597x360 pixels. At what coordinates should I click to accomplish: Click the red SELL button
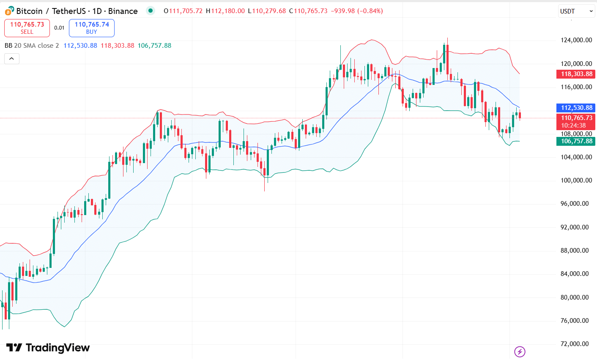27,28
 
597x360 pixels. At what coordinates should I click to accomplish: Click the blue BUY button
92,28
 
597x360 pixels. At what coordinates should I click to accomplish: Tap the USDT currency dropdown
576,11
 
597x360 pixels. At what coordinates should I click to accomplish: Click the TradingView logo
48,348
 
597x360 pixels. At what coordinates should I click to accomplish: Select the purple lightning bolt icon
520,352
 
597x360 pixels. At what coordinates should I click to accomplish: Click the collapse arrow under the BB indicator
12,59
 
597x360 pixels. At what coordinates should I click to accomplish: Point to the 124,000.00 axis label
576,40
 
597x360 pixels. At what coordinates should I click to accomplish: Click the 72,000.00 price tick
574,344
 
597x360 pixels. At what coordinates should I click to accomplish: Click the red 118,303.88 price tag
576,74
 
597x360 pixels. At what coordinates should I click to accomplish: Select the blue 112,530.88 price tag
576,108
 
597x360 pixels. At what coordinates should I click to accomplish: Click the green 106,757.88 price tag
576,141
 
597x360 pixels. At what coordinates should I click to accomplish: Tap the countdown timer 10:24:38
573,125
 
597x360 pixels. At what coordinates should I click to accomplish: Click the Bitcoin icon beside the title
9,11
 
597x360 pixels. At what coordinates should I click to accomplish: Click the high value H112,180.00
225,11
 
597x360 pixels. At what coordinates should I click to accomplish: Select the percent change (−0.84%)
370,11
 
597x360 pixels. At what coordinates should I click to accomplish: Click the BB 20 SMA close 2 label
32,46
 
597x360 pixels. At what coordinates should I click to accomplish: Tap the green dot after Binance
151,11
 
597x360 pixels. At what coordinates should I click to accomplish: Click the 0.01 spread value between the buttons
59,28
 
